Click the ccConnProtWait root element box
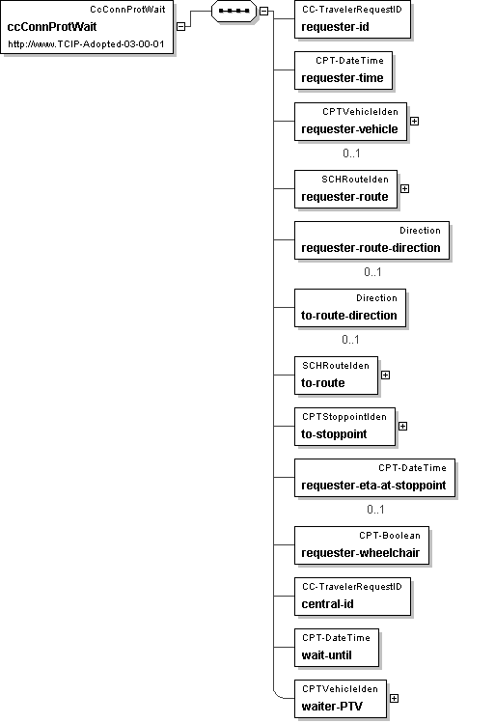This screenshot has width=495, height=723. [87, 27]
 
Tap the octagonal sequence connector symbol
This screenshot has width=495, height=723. [234, 11]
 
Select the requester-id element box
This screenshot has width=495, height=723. [352, 19]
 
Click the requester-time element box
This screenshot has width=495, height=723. [344, 70]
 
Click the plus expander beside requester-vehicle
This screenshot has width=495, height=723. [414, 122]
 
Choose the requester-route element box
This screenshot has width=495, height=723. [345, 189]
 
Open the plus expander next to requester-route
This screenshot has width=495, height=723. [404, 188]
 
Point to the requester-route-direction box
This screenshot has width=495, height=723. [371, 240]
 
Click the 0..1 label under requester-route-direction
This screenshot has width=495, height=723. [372, 272]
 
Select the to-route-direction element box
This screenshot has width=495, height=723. [350, 308]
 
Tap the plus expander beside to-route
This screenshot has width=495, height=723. [385, 375]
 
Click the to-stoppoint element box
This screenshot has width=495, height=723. [344, 427]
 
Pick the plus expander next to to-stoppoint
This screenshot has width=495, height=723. [402, 426]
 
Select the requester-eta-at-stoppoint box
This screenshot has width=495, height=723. [374, 478]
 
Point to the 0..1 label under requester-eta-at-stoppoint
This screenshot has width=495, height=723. [375, 510]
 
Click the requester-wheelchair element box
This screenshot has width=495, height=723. [362, 545]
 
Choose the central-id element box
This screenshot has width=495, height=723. [352, 597]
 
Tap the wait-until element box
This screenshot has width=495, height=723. [337, 648]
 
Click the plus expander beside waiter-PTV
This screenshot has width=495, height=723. [394, 699]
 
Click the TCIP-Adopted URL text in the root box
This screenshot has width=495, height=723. [86, 44]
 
